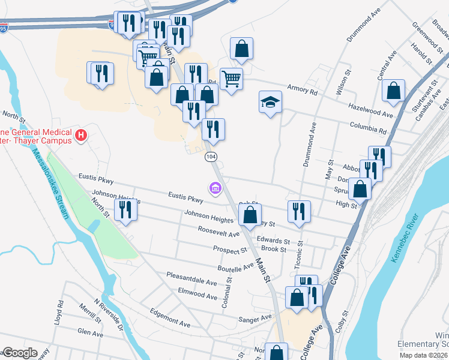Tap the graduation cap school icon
click(270, 102)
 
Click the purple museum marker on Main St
click(215, 190)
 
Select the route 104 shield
click(211, 157)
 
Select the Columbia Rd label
click(370, 128)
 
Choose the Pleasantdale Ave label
click(191, 281)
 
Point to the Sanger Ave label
click(255, 319)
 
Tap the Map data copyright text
click(420, 355)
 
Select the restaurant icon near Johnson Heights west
click(125, 210)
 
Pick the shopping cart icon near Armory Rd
click(231, 78)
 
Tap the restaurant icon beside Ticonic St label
click(298, 211)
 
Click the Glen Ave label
click(91, 332)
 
